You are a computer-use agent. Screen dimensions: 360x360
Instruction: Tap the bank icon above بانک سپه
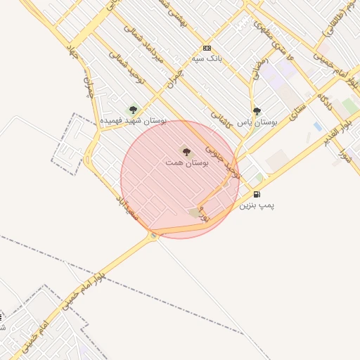click(207, 48)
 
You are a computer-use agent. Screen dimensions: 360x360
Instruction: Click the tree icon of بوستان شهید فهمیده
click(133, 110)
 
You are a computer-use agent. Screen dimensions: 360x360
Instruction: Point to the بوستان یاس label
click(257, 122)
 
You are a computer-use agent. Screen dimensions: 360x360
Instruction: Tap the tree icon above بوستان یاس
click(257, 110)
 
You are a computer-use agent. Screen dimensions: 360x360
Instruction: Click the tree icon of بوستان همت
click(186, 150)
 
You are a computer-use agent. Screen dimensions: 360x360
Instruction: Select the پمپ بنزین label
click(257, 205)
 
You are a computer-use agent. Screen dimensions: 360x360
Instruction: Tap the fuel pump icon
click(257, 194)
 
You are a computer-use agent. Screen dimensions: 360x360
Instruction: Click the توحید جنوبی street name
click(223, 161)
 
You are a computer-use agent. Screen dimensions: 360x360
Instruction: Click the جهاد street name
click(72, 51)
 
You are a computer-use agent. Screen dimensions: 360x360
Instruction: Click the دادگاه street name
click(324, 101)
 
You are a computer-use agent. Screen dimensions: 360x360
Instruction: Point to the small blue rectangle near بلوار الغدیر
click(318, 127)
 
